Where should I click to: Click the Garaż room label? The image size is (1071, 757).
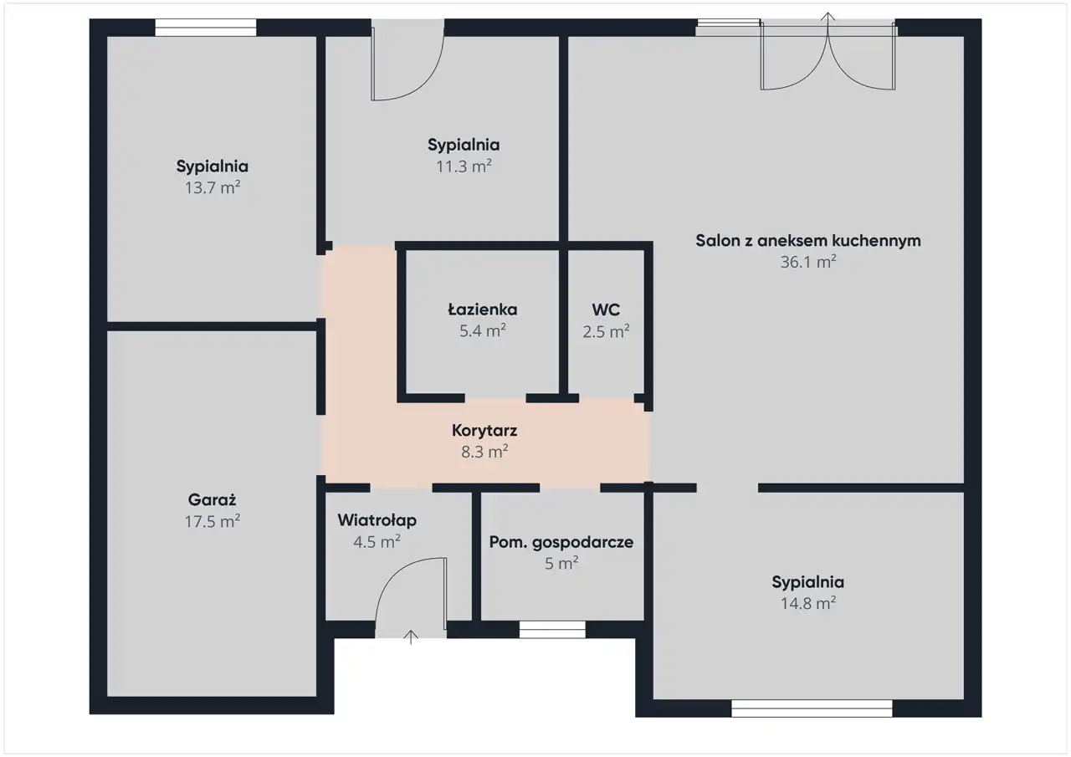coord(212,500)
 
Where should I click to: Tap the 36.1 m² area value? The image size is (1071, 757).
coord(808,262)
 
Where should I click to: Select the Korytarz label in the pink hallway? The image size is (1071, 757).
coord(484,431)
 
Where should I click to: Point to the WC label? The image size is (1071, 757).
coord(606,309)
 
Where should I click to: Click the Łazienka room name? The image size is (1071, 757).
coord(483,309)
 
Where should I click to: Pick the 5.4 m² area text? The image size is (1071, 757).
coord(483,330)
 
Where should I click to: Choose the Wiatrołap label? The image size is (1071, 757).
coord(377,520)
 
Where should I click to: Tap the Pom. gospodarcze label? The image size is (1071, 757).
coord(561,542)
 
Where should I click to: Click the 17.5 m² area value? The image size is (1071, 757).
coord(212,521)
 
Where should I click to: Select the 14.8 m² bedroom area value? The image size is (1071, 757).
coord(808,603)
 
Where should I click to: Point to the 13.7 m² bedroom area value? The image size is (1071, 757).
coord(213,187)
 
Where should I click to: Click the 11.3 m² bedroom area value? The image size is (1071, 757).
coord(464,166)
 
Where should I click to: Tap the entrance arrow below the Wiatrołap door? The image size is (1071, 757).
coord(411,637)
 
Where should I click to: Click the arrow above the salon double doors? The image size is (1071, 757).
coord(828,17)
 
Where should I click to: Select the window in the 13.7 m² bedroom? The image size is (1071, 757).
coord(206,28)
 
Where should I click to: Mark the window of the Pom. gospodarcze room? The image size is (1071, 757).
coord(552,630)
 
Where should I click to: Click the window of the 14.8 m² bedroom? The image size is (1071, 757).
coord(812,708)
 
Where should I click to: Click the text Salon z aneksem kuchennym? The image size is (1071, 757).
coord(808,241)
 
